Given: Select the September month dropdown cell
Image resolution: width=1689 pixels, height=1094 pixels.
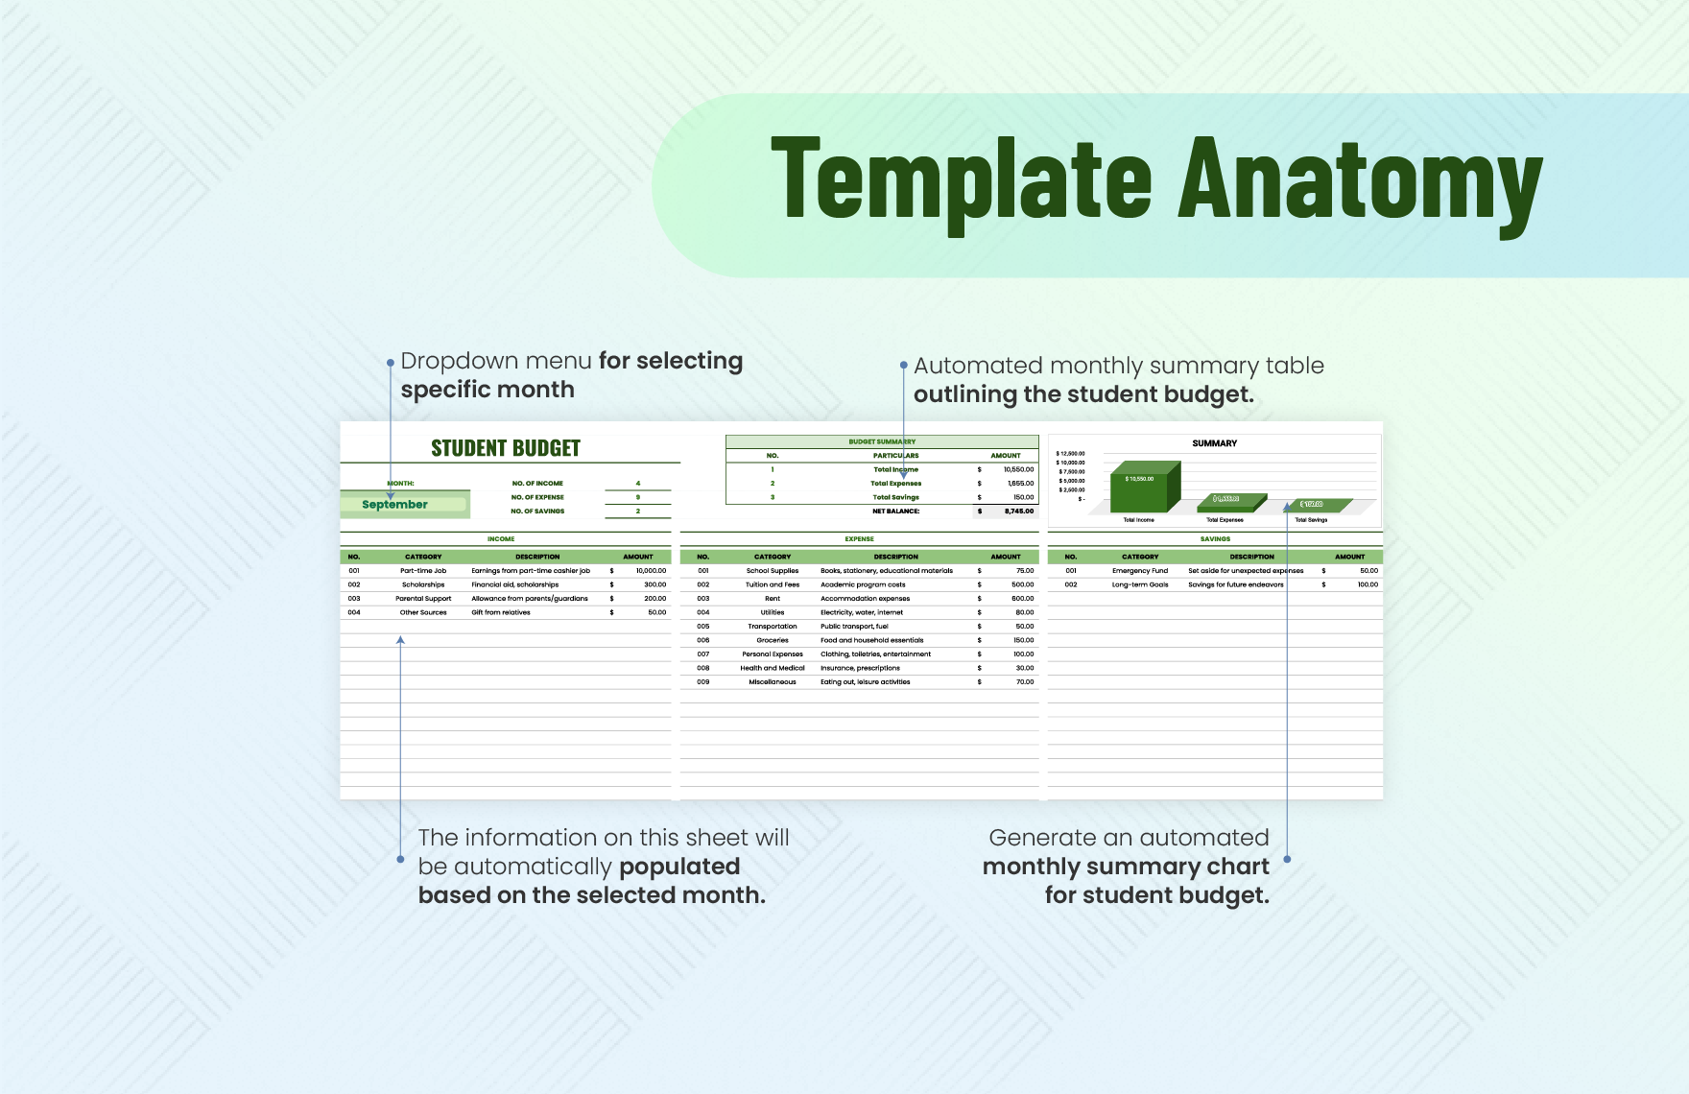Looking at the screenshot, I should [x=395, y=505].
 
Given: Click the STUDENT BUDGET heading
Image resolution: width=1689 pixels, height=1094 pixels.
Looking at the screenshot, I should [x=506, y=448].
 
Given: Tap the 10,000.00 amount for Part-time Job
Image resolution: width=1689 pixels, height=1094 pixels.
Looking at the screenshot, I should [x=651, y=571].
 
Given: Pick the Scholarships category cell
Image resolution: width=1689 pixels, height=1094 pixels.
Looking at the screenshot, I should [x=423, y=584].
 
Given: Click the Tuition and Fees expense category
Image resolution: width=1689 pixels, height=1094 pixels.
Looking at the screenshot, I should [x=773, y=584].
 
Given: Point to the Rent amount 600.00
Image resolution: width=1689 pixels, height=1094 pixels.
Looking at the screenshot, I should [x=1022, y=599].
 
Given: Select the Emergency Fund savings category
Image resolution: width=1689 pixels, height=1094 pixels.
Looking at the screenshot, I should [x=1140, y=571].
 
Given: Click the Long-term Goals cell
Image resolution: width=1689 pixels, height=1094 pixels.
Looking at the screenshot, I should [x=1140, y=584].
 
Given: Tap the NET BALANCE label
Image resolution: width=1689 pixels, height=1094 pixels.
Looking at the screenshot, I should [x=896, y=511].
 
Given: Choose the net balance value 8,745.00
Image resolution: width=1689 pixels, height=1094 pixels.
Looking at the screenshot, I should [x=1019, y=511].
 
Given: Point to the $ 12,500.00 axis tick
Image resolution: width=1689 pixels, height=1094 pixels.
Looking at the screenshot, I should [x=1070, y=454].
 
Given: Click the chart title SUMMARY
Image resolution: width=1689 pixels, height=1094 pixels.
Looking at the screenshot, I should [x=1214, y=443].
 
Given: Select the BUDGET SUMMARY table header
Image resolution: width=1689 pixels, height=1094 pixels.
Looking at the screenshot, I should [x=882, y=442].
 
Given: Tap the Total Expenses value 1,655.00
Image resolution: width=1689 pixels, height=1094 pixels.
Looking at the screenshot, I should [x=1020, y=484].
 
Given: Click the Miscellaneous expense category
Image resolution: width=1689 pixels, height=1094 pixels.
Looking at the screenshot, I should [x=773, y=682].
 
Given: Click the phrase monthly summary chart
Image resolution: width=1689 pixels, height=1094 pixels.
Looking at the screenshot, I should [x=1126, y=867].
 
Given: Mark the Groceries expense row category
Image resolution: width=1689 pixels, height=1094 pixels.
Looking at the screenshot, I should [x=773, y=640].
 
